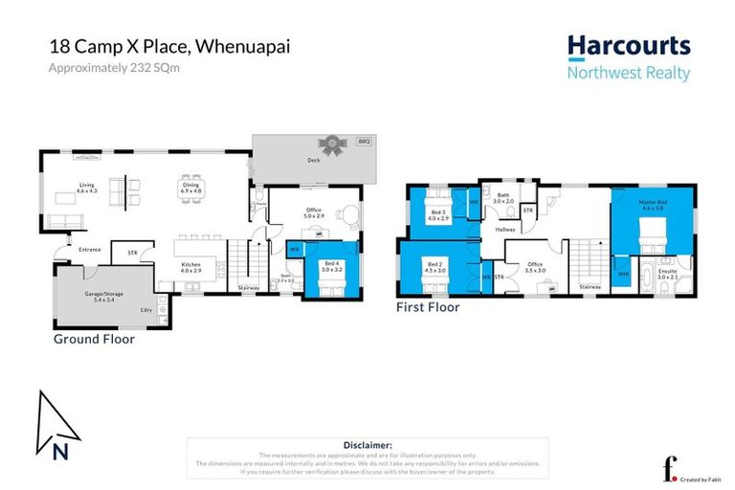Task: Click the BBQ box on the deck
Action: point(363,142)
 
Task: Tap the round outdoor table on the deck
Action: point(333,147)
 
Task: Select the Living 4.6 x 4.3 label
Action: point(87,189)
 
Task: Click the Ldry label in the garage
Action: point(146,308)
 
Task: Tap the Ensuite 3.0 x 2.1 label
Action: point(667,274)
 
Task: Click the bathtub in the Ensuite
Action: point(646,282)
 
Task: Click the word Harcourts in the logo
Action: point(628,46)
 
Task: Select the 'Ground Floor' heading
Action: point(94,339)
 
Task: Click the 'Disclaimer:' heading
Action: point(367,445)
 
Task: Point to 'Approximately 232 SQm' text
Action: point(114,67)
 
